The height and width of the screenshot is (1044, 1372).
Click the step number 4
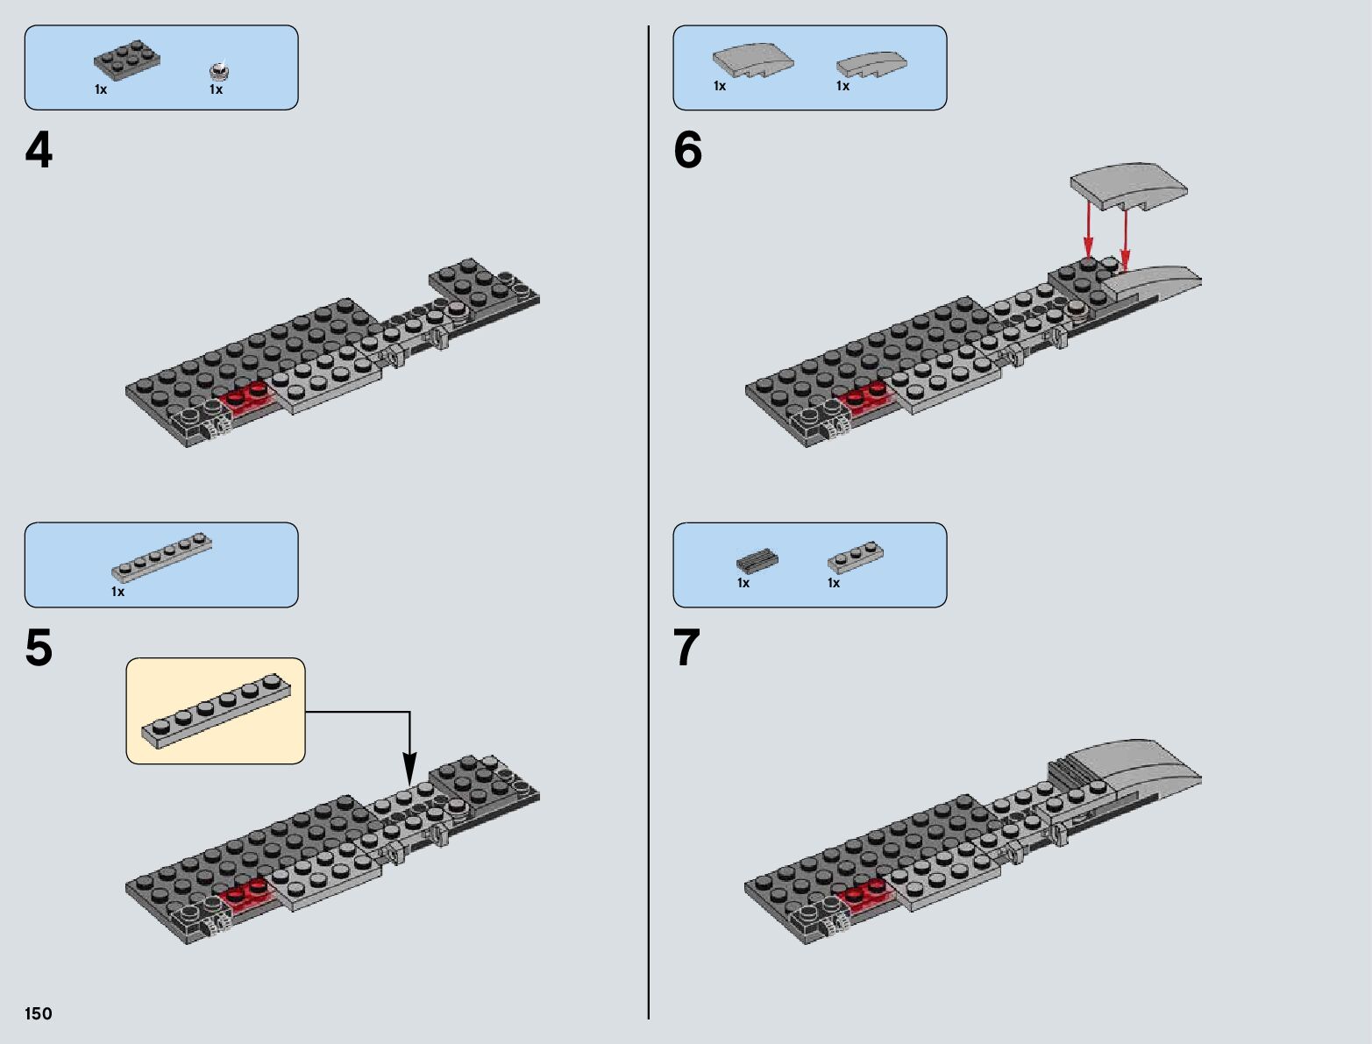(39, 151)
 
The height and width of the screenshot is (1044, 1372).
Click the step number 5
(39, 649)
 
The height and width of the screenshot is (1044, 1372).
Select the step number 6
(688, 151)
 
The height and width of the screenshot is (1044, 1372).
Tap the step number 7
(687, 649)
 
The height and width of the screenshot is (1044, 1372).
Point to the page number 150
(39, 1013)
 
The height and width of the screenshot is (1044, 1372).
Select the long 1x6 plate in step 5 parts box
(161, 558)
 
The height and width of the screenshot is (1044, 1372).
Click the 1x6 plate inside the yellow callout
(215, 711)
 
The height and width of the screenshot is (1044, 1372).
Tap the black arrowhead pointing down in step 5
(409, 775)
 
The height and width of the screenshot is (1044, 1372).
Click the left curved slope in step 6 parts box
(753, 60)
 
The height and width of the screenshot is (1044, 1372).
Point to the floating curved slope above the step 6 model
(1128, 185)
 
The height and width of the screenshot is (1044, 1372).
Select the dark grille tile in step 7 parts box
(757, 558)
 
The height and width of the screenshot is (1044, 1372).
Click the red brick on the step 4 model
(247, 399)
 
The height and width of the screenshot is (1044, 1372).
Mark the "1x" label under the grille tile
(743, 583)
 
